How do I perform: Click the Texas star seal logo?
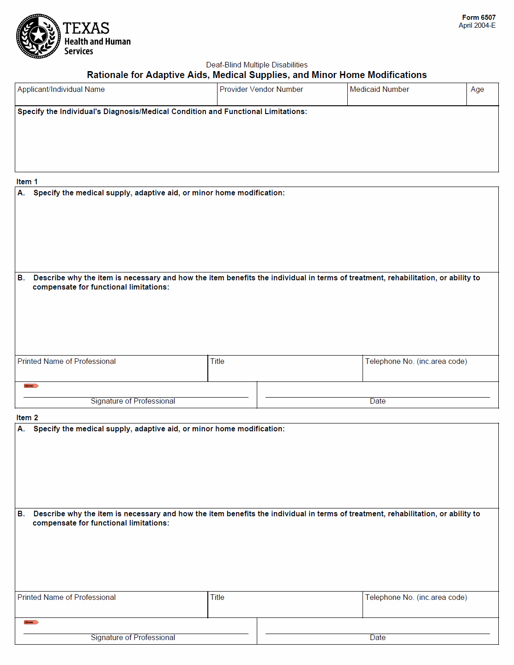(x=38, y=36)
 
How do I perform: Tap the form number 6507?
(x=478, y=18)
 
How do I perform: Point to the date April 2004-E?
(x=477, y=25)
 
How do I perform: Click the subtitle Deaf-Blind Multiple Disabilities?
(x=257, y=65)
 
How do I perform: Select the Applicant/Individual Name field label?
(x=61, y=89)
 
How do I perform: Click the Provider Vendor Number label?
(x=261, y=89)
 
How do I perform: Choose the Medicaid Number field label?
(x=379, y=89)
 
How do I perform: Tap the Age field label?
(x=477, y=89)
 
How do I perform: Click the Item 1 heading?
(x=27, y=181)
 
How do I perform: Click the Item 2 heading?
(x=27, y=417)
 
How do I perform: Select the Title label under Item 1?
(x=217, y=361)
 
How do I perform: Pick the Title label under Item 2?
(x=217, y=597)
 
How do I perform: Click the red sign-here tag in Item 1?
(x=31, y=386)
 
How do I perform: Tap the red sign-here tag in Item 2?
(x=31, y=622)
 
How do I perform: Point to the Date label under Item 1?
(x=377, y=401)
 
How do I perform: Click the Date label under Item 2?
(x=377, y=637)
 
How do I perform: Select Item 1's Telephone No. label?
(x=416, y=361)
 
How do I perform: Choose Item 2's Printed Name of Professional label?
(x=67, y=597)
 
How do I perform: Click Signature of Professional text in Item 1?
(x=133, y=401)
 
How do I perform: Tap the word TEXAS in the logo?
(x=86, y=28)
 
